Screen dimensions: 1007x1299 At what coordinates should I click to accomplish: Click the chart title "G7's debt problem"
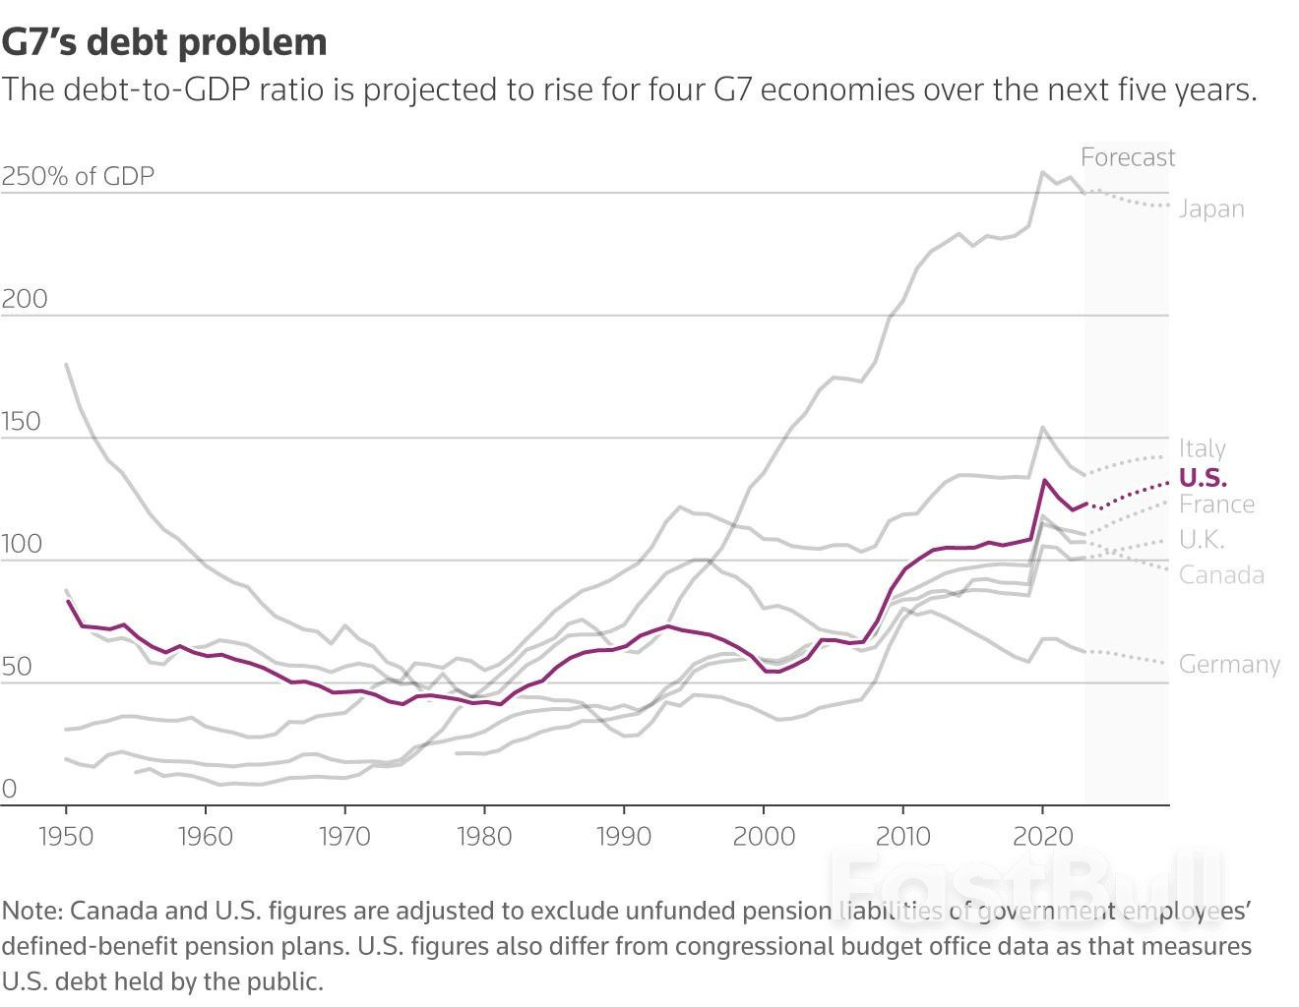coord(163,42)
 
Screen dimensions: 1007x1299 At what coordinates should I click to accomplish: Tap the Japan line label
coord(1211,209)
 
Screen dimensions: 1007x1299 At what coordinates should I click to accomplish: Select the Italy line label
coord(1203,449)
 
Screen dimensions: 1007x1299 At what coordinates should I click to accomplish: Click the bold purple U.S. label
coord(1203,478)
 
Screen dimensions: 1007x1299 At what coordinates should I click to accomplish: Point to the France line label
coord(1216,504)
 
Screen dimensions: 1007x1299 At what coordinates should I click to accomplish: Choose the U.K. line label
coord(1202,540)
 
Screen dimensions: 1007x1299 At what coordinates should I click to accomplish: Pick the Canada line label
coord(1221,575)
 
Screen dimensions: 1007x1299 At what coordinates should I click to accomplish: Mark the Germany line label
coord(1229,665)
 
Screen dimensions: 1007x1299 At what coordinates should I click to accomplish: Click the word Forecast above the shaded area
coord(1128,157)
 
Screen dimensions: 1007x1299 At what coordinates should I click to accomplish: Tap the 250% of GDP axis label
coord(79,177)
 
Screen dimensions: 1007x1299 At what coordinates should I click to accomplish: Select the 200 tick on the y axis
coord(25,300)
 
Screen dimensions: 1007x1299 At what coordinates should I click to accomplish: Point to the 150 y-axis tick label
coord(22,423)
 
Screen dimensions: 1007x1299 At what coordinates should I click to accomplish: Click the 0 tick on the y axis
coord(10,790)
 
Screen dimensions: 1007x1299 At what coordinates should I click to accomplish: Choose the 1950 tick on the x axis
coord(66,837)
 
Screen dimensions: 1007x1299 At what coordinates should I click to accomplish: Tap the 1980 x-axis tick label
coord(484,837)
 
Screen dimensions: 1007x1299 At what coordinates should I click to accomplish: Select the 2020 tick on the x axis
coord(1042,837)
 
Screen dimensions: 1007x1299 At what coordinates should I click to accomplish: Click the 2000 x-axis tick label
coord(764,837)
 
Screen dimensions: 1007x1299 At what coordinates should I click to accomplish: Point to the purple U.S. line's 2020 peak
coord(1044,480)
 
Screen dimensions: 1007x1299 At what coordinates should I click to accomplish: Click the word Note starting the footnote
coord(31,912)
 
